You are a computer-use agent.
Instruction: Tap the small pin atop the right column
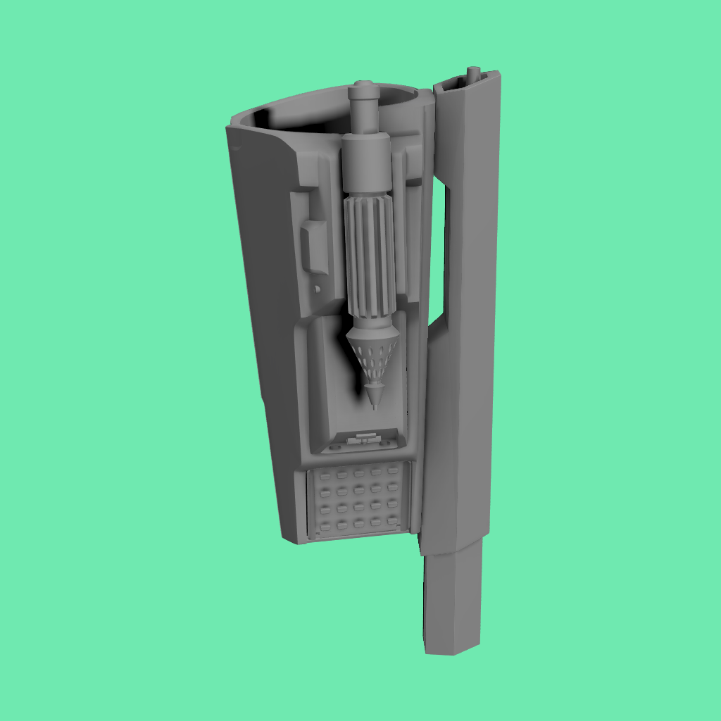tap(474, 72)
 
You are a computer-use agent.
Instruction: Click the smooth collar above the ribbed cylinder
tap(365, 163)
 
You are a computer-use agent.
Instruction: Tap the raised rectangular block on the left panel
tap(314, 246)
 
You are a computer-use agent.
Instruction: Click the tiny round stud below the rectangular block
tap(318, 289)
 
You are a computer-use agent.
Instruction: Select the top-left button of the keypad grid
tap(325, 477)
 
